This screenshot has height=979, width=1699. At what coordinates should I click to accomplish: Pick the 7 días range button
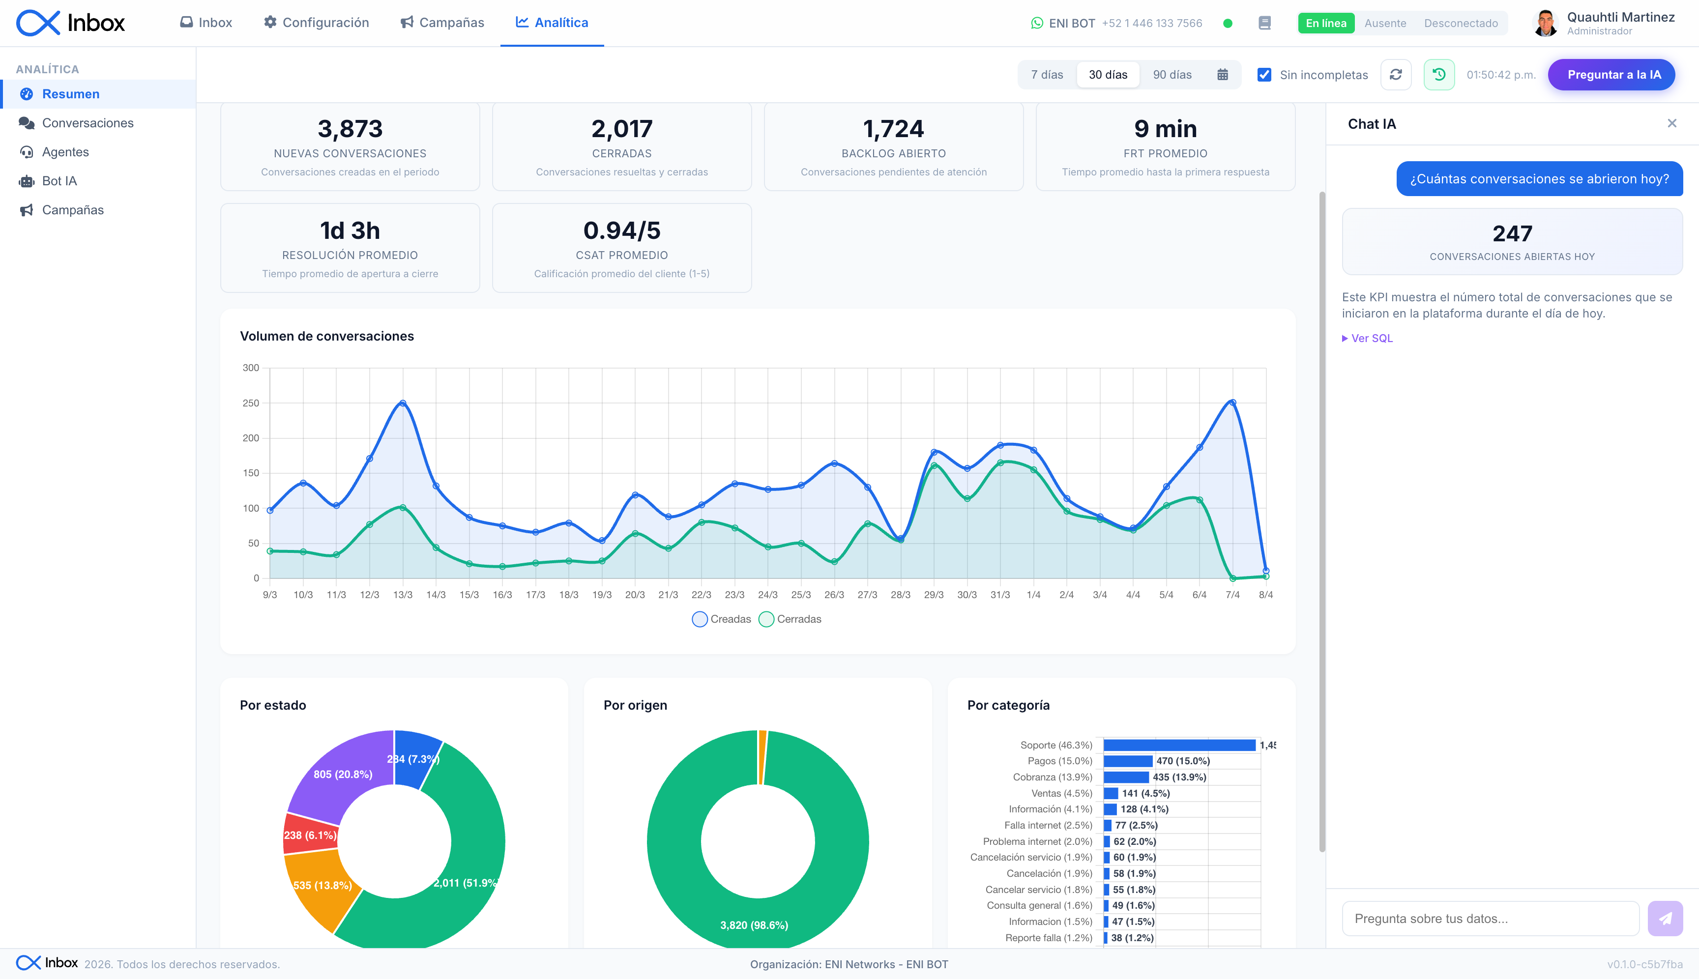(1047, 75)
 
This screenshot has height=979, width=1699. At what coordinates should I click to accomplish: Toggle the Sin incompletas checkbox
(1264, 75)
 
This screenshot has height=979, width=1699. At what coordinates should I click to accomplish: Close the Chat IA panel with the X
(1671, 123)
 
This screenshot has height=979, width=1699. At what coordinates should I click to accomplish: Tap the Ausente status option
(1385, 23)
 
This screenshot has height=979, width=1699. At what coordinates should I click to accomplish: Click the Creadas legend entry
(721, 619)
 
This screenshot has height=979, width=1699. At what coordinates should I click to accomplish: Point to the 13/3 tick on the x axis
(402, 595)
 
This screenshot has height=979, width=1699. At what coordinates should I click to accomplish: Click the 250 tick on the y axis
(250, 403)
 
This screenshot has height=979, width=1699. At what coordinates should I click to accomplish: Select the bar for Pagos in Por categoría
(1128, 761)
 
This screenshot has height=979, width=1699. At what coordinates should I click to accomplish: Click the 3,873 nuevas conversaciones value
(350, 128)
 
